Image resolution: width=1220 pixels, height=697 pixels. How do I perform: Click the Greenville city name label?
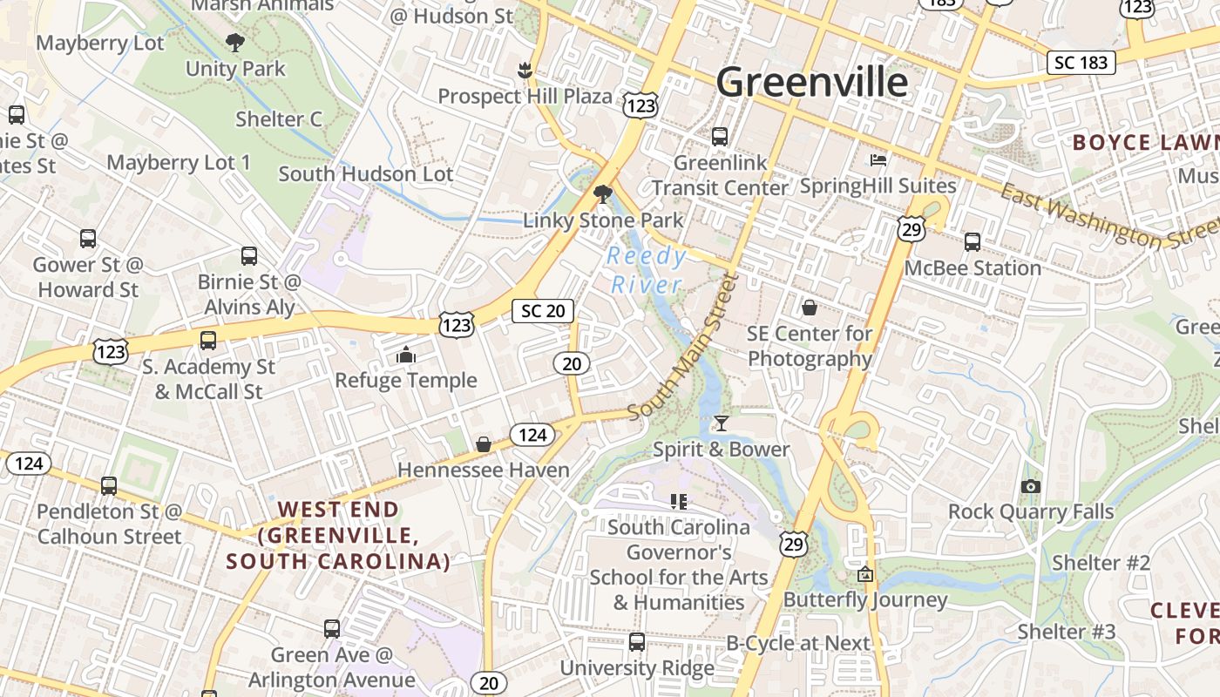tap(811, 83)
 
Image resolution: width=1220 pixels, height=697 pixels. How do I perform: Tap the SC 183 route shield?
tap(1081, 63)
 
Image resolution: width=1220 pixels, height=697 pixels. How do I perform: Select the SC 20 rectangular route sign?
tap(544, 311)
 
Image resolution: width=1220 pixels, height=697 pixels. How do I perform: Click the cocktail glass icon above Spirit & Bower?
tap(721, 424)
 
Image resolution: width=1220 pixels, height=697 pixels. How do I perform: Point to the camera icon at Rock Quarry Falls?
tap(1031, 486)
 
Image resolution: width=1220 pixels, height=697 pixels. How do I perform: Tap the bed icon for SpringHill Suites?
tap(878, 160)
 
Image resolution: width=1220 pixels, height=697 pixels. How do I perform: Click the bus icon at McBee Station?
tap(973, 242)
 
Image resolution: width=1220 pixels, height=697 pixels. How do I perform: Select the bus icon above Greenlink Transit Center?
tap(720, 137)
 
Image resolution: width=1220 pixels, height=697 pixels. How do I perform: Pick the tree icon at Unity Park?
tap(234, 42)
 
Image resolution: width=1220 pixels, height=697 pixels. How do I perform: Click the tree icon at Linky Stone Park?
tap(602, 194)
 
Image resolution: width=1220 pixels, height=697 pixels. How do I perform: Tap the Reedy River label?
tap(647, 270)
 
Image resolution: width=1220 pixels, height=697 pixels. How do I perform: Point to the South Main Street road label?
tap(682, 347)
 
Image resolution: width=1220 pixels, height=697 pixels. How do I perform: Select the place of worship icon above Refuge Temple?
tap(406, 355)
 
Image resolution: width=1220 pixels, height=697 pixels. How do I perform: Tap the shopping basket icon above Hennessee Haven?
tap(484, 445)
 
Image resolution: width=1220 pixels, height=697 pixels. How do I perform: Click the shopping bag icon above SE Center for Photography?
tap(810, 308)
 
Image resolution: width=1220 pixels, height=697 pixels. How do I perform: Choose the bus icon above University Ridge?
tap(637, 642)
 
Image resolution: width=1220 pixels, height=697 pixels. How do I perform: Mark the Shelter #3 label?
tap(1067, 631)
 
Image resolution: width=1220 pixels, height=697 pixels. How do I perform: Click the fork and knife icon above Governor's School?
tap(679, 501)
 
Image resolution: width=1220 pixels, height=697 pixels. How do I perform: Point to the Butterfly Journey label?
tap(864, 599)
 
